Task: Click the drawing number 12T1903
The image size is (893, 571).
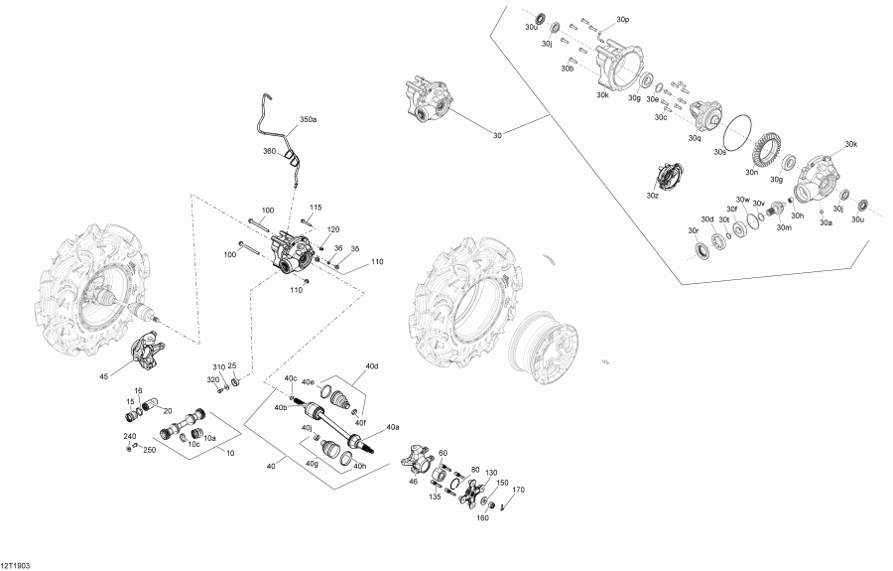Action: pyautogui.click(x=16, y=562)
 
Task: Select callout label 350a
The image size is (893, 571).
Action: pyautogui.click(x=308, y=119)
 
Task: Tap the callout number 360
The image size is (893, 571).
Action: pyautogui.click(x=269, y=151)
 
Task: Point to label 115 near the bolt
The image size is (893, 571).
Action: pyautogui.click(x=316, y=207)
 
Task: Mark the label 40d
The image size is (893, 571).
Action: pyautogui.click(x=372, y=368)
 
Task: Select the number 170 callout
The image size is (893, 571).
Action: pyautogui.click(x=517, y=491)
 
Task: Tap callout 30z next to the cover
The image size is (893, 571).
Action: pyautogui.click(x=652, y=197)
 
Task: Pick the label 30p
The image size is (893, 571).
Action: pyautogui.click(x=622, y=20)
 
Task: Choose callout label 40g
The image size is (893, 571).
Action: pyautogui.click(x=312, y=464)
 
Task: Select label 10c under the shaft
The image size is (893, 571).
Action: pyautogui.click(x=195, y=444)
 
